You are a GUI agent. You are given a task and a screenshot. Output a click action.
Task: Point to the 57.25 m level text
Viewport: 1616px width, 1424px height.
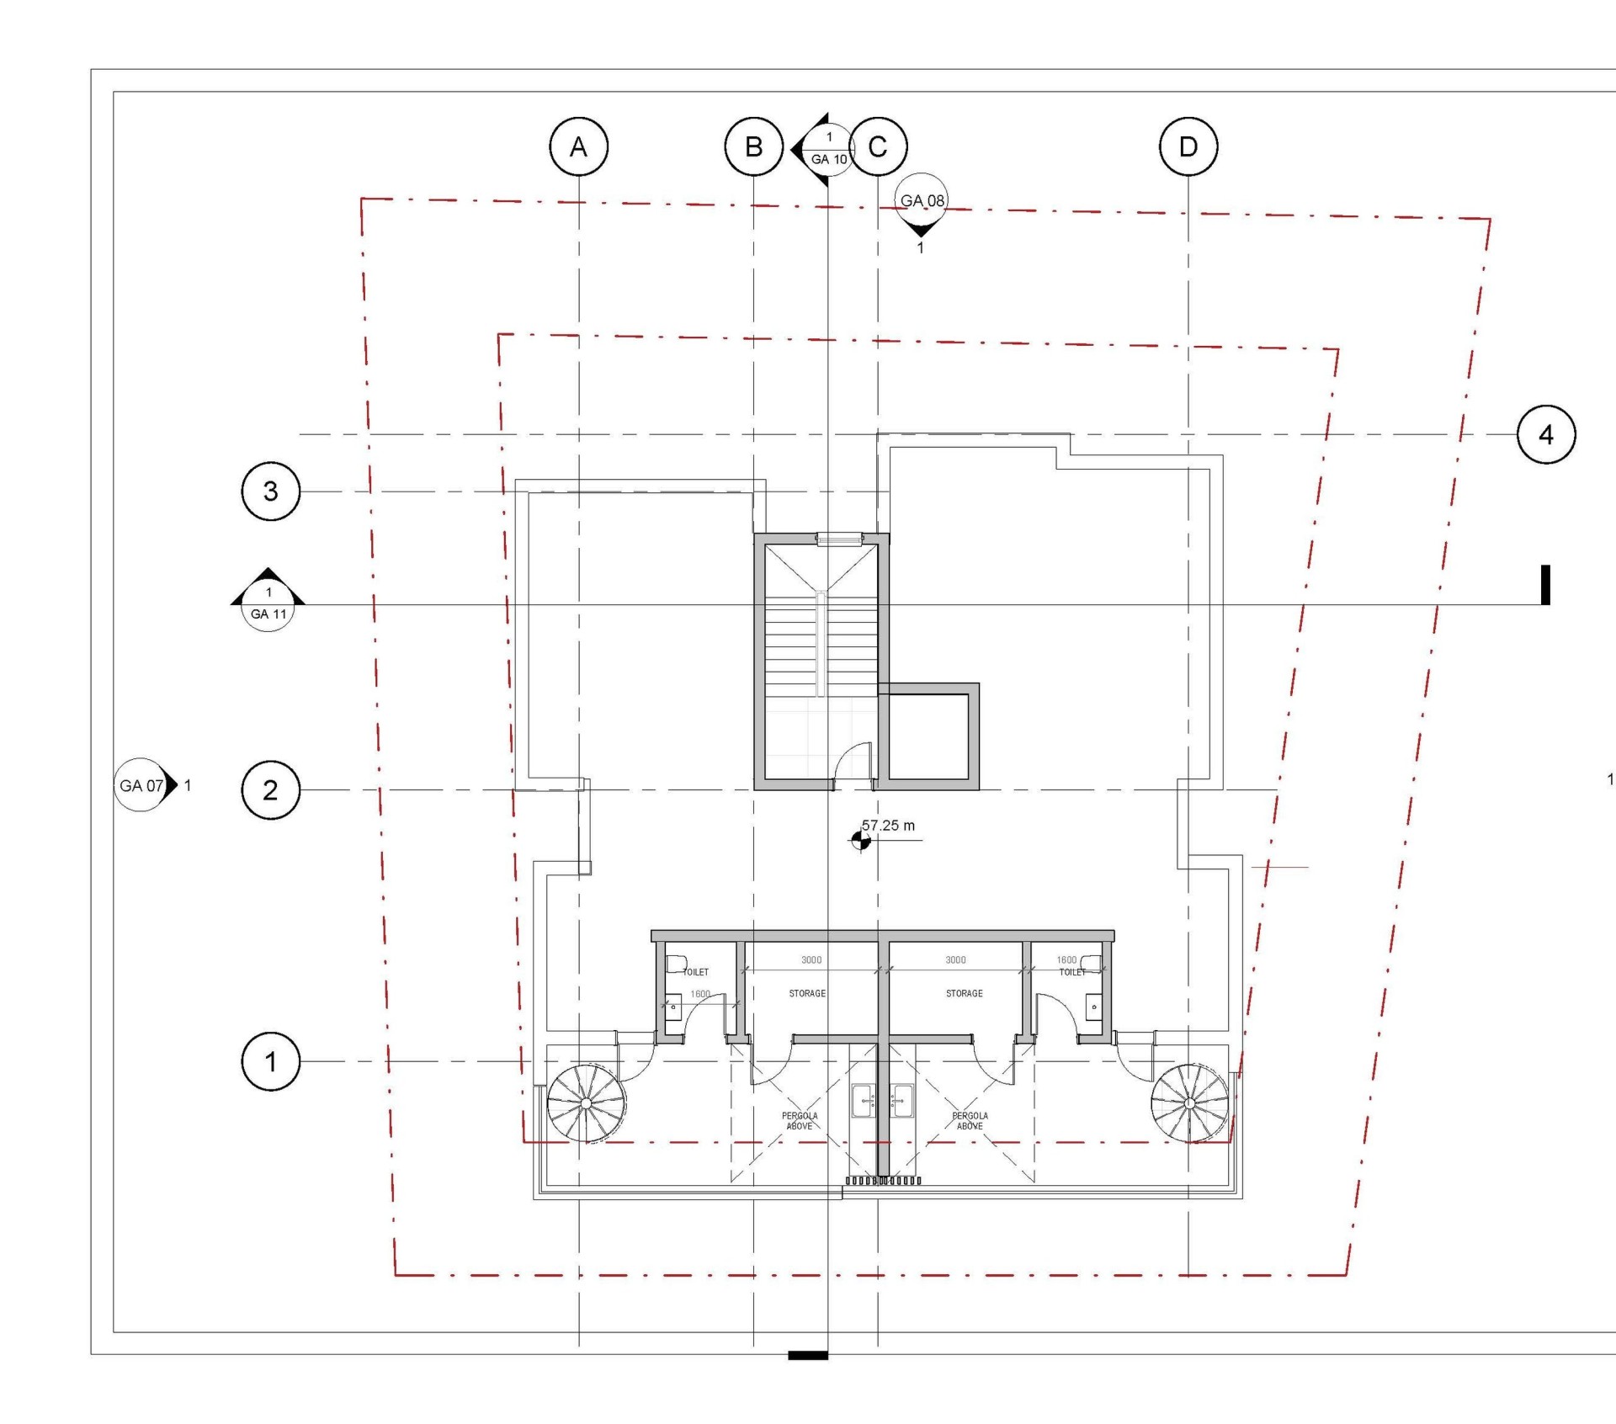coord(888,826)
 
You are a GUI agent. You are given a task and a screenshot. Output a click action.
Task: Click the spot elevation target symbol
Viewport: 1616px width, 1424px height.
coord(860,840)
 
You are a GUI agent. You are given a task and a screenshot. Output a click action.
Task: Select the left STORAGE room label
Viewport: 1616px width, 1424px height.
coord(807,994)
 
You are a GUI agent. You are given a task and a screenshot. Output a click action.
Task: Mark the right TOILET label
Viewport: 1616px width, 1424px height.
coord(1072,972)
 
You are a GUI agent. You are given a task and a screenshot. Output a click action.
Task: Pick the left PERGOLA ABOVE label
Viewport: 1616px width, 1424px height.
coord(800,1121)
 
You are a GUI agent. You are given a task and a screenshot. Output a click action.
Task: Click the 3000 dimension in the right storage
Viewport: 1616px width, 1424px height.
coord(955,959)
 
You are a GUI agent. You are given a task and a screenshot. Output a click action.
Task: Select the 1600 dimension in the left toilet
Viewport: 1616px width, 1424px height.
coord(700,994)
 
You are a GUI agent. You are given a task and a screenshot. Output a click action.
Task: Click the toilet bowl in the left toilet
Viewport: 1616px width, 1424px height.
coord(676,963)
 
